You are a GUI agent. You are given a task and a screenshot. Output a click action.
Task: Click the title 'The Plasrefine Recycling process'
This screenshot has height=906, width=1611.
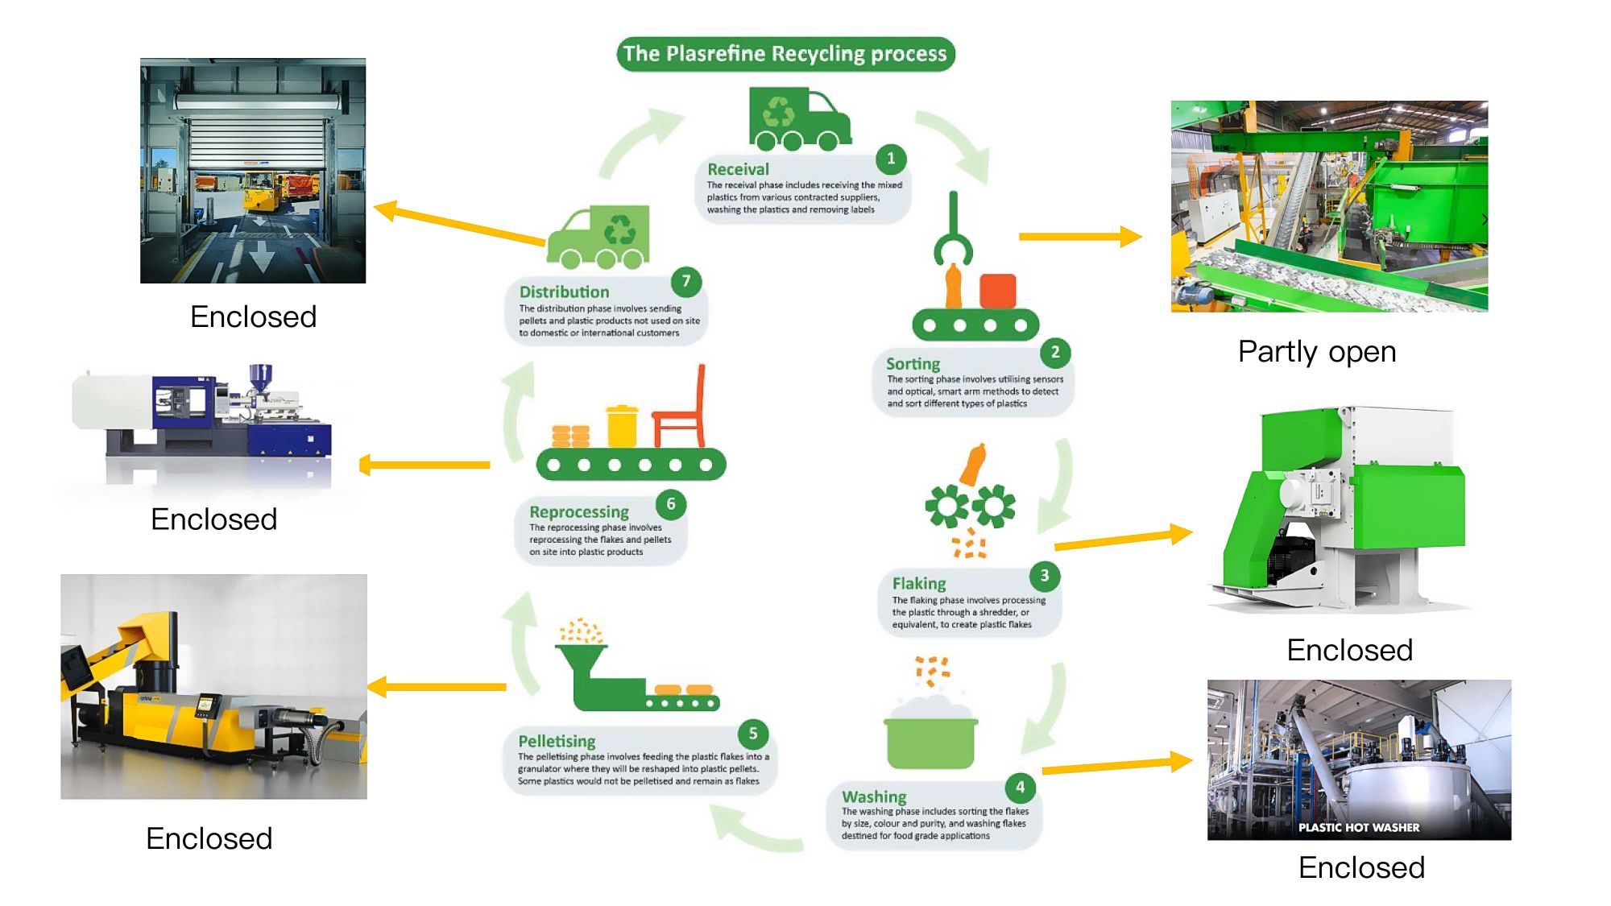pos(785,54)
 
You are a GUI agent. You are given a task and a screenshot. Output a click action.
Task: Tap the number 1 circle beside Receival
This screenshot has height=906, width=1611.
pos(891,159)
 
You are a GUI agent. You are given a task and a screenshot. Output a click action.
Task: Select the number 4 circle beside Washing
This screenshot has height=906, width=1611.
pos(1021,787)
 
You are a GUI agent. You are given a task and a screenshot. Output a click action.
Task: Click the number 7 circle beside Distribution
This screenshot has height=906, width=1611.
pos(686,281)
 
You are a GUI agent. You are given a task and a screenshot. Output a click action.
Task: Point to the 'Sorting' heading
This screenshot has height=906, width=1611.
pos(913,364)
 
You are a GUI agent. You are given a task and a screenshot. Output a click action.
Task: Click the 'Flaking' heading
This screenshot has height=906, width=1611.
pos(919,583)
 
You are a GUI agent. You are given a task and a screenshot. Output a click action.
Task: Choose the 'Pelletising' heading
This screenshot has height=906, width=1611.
pos(557,741)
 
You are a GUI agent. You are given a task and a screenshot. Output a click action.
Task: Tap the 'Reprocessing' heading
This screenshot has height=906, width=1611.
pos(579,511)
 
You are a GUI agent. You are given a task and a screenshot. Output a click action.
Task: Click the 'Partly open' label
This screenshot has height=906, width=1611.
pos(1317,352)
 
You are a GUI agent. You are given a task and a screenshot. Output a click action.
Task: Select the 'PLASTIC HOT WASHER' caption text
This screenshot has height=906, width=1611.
pos(1359,827)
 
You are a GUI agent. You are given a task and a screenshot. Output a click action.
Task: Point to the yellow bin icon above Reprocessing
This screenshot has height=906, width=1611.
pos(622,426)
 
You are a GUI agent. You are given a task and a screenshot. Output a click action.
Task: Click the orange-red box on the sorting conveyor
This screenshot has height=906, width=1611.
pos(998,291)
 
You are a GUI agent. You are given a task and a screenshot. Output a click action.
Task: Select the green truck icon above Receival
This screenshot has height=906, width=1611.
pos(800,119)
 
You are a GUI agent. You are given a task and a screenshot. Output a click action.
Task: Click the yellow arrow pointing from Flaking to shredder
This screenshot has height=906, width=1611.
pos(1124,539)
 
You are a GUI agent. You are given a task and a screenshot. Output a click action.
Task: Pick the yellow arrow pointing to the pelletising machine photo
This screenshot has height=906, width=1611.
pos(437,687)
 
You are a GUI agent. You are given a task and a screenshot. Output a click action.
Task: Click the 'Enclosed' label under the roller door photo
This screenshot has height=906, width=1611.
pos(253,316)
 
